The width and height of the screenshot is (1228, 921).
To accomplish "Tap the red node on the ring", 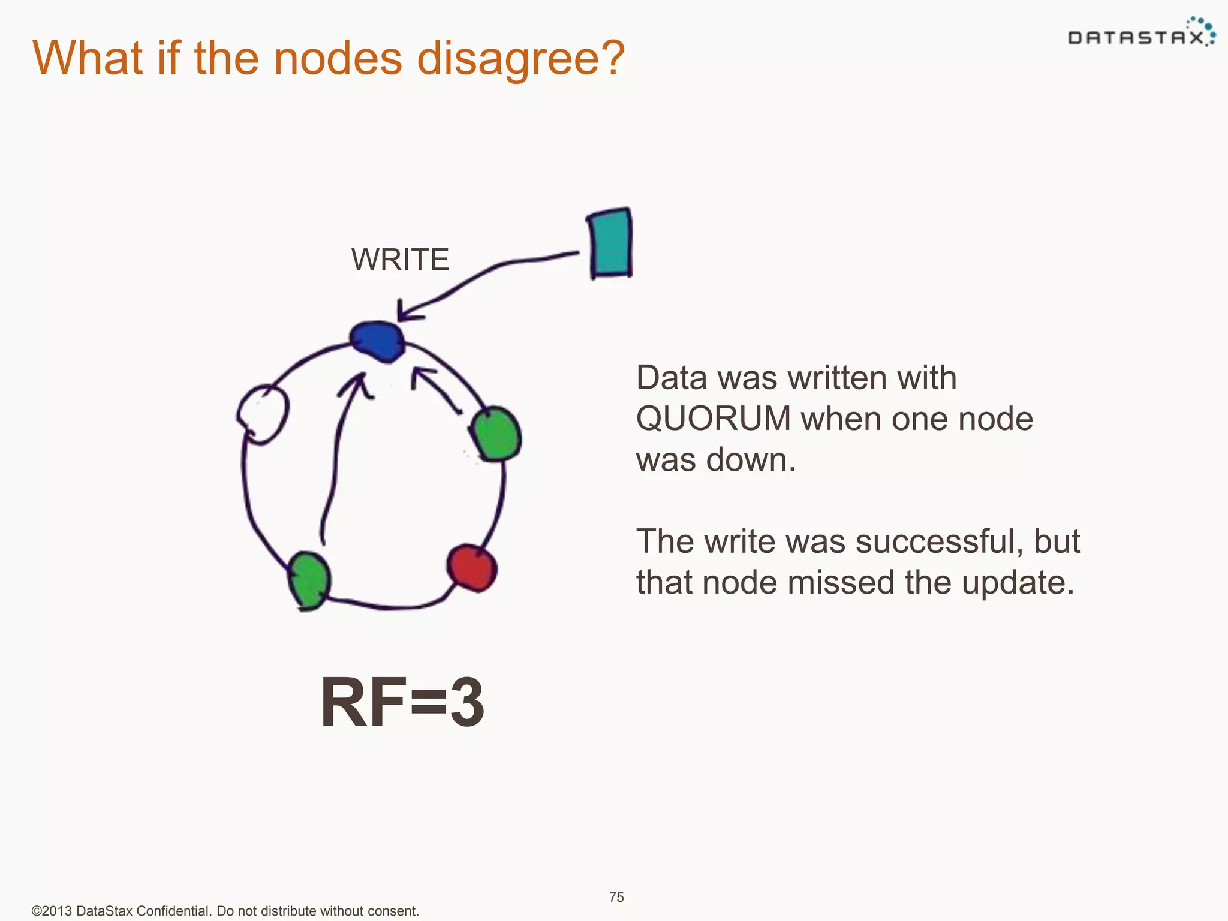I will coord(472,567).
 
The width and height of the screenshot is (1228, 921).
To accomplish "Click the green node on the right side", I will coord(496,434).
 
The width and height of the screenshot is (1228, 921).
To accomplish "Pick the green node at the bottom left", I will coord(309,580).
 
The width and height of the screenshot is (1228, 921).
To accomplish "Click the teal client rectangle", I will coord(610,243).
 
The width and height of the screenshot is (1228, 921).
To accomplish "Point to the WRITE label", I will coord(400,260).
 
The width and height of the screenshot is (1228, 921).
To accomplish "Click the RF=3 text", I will coord(402,702).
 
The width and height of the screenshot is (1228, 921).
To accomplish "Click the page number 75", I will coord(616,897).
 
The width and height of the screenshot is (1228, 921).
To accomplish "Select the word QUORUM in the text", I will coord(713,419).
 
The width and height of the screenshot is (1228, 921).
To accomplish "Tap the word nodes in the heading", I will coord(338,59).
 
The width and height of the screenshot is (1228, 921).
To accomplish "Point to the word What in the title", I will coord(87,59).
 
